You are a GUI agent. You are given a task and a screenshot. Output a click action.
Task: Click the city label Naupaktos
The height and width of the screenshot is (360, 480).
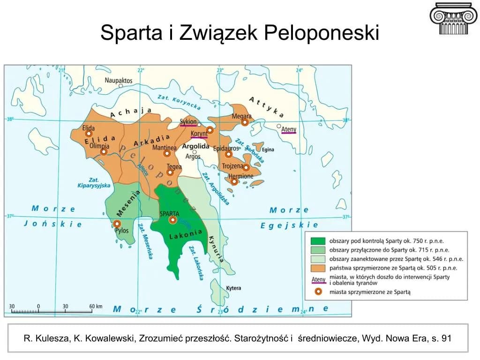tap(119, 81)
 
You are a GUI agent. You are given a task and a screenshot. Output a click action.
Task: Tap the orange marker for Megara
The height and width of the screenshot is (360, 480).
tap(245, 122)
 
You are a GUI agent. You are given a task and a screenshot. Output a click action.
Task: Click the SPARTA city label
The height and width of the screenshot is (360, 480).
tap(170, 213)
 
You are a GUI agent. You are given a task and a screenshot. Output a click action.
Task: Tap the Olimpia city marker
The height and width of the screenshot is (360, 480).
tap(104, 152)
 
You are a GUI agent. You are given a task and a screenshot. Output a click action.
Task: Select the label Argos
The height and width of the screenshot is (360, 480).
tap(193, 157)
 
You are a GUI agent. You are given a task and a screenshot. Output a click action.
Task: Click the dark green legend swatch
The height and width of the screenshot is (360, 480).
tap(318, 240)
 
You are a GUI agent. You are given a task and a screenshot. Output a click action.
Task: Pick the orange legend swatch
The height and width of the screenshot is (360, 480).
tap(318, 268)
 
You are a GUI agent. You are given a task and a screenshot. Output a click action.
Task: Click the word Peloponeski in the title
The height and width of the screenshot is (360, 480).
tap(321, 33)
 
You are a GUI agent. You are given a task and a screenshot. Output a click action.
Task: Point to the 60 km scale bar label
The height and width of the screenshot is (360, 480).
tap(96, 306)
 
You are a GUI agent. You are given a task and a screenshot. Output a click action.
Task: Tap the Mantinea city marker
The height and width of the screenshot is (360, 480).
tap(166, 154)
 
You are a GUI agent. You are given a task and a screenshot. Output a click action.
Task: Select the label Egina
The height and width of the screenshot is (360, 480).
tap(268, 150)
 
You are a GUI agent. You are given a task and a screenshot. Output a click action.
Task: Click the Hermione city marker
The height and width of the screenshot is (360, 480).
tap(234, 181)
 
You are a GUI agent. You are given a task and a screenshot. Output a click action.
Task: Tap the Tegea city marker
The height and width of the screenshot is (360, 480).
tap(170, 172)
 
